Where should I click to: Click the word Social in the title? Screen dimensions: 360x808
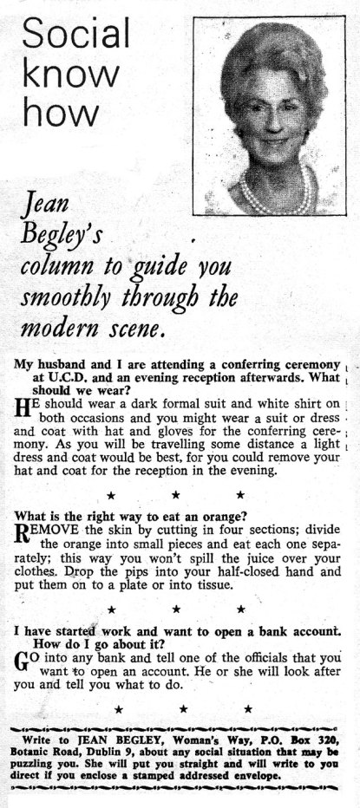[76, 35]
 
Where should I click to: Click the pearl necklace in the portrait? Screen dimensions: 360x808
[277, 192]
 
